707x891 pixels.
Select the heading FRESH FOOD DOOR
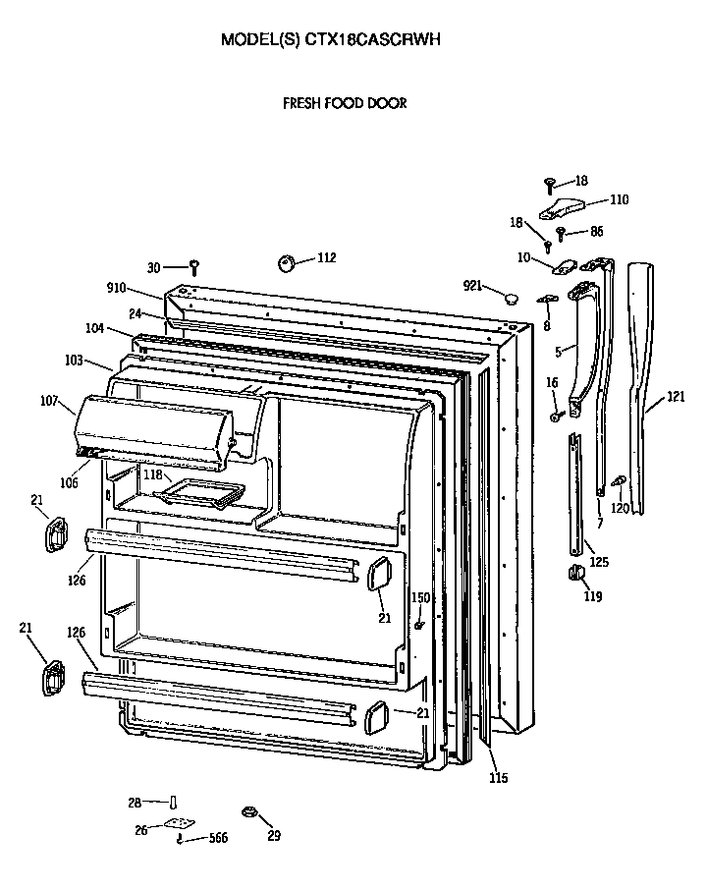pyautogui.click(x=345, y=103)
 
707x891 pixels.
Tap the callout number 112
pyautogui.click(x=326, y=258)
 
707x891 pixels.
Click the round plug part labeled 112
pyautogui.click(x=288, y=263)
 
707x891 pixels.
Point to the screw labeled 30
pyautogui.click(x=194, y=266)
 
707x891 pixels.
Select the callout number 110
pyautogui.click(x=619, y=199)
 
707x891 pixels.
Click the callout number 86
pyautogui.click(x=596, y=232)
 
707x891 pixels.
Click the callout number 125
pyautogui.click(x=598, y=562)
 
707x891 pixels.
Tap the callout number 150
pyautogui.click(x=419, y=598)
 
